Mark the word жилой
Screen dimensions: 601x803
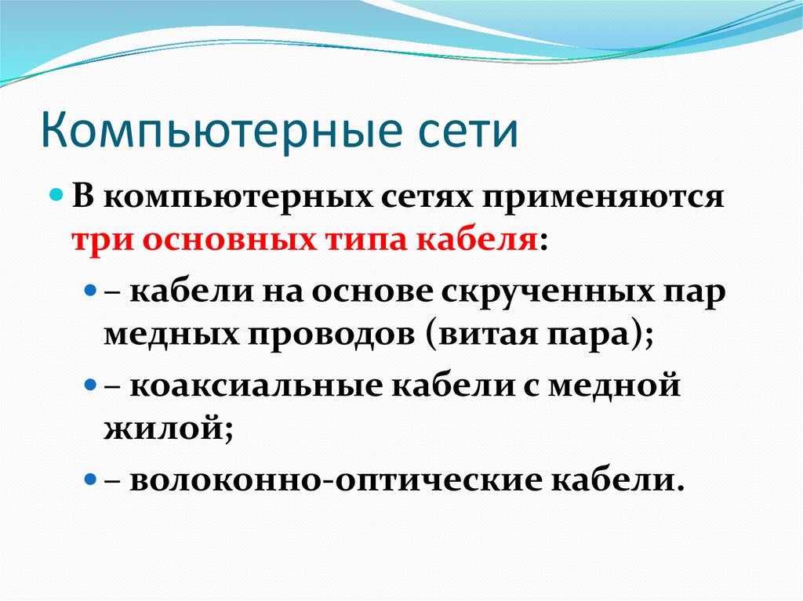coord(165,430)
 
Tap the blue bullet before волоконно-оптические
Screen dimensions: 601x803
coord(90,478)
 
